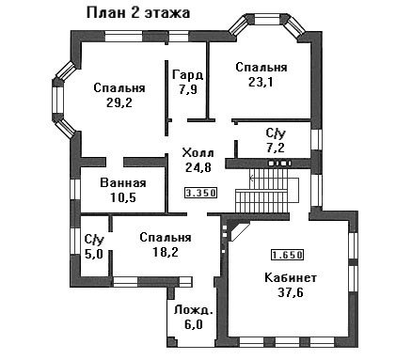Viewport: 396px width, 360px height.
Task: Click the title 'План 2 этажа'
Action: [x=138, y=14]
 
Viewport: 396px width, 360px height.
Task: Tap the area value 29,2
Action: [x=119, y=102]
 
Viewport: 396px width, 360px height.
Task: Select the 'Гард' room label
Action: [x=188, y=75]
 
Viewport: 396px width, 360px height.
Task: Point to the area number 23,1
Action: [x=261, y=82]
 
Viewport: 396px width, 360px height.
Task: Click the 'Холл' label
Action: [x=198, y=153]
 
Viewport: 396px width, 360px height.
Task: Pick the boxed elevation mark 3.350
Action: [x=200, y=193]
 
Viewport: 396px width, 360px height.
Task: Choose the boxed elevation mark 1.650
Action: [x=287, y=255]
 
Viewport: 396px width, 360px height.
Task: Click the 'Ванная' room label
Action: [x=123, y=183]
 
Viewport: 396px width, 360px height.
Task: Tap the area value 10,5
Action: [x=123, y=197]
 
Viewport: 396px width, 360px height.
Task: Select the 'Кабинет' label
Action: [x=291, y=278]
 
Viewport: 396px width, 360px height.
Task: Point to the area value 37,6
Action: [x=291, y=292]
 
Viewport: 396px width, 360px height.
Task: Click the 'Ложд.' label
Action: [x=194, y=310]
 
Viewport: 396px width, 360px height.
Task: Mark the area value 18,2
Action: [x=166, y=252]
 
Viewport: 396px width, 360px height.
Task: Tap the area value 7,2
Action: [x=276, y=148]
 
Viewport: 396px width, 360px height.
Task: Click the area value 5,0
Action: [x=94, y=254]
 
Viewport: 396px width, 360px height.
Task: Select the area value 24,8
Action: [x=198, y=167]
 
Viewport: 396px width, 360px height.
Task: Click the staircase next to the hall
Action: [x=266, y=191]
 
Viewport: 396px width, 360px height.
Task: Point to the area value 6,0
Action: [x=194, y=324]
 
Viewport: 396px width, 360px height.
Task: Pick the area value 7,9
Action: [x=188, y=90]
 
